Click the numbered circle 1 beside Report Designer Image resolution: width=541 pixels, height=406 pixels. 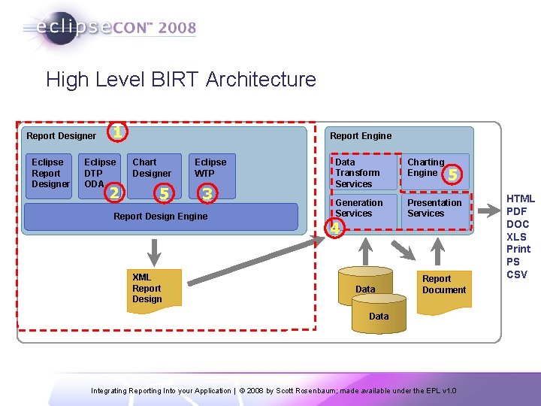click(x=116, y=132)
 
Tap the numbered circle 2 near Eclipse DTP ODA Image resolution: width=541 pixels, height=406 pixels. click(x=113, y=192)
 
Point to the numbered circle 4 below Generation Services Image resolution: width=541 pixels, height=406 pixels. click(x=336, y=227)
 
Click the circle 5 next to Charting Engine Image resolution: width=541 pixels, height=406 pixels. click(x=452, y=175)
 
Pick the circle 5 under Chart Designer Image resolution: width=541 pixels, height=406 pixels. click(x=162, y=194)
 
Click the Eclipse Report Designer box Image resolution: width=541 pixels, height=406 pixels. click(x=50, y=174)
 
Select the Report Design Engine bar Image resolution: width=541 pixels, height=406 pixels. click(x=161, y=217)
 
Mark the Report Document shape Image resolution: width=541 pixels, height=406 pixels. click(x=443, y=285)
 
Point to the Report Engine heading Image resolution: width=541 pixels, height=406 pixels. click(x=361, y=136)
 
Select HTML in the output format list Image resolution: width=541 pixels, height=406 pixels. click(x=520, y=199)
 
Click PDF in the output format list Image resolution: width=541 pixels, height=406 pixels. click(x=517, y=212)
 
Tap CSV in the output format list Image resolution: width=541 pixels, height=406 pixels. click(x=517, y=274)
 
